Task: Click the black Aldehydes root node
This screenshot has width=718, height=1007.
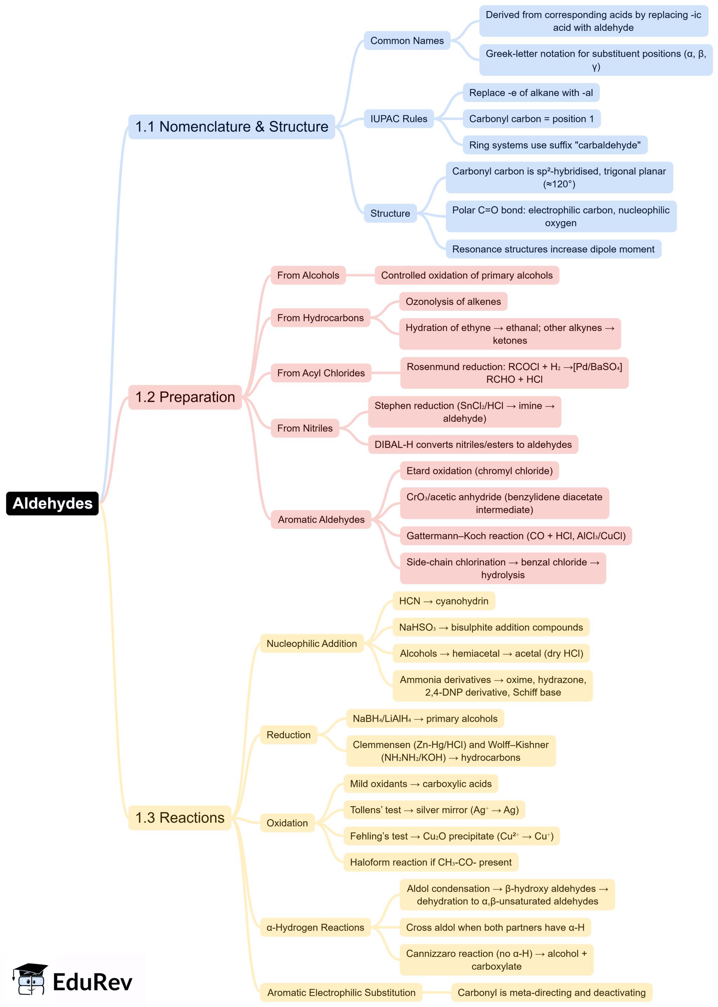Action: coord(52,503)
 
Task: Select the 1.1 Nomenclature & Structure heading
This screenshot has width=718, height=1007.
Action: coord(231,127)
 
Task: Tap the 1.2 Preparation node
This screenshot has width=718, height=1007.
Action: coord(185,397)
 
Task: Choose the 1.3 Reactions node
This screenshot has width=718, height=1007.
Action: coord(179,817)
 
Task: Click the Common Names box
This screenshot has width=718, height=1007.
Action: coord(407,41)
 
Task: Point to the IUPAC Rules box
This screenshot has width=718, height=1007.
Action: coord(398,119)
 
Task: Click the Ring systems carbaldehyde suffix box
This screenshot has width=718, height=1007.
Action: coord(554,145)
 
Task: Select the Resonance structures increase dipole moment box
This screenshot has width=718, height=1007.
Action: coord(553,249)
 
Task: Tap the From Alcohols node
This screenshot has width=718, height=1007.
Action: coord(308,275)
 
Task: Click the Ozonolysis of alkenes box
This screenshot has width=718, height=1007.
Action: coord(453,301)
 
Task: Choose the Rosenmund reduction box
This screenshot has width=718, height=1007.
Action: coord(514,373)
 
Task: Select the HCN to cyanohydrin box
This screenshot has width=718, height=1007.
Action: coord(443,601)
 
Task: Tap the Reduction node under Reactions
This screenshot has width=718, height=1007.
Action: coord(288,735)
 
